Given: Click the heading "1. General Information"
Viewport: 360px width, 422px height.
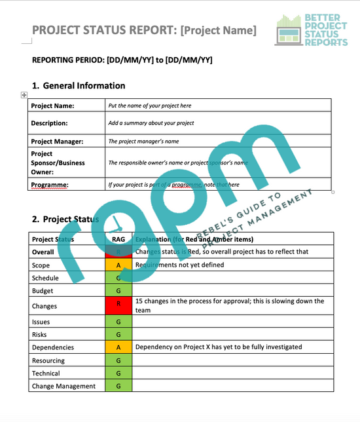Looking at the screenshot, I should (x=79, y=86).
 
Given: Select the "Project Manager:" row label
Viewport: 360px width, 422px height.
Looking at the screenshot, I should (x=57, y=141).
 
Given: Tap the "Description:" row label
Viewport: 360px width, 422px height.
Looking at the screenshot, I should (x=49, y=123).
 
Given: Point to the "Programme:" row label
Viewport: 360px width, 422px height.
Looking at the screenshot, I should (x=50, y=185).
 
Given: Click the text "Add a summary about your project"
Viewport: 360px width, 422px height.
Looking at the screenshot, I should (x=151, y=123).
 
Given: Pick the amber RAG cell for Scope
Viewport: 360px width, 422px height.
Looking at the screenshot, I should (x=118, y=265).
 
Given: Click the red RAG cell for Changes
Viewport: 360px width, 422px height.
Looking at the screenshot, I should (x=118, y=305).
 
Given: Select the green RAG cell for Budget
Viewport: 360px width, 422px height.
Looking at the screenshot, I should (x=118, y=290).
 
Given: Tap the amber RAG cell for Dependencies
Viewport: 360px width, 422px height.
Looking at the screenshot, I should (x=118, y=347).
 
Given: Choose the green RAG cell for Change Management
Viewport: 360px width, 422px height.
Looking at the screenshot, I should (x=118, y=386).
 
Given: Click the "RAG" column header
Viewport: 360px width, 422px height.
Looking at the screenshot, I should (x=118, y=239).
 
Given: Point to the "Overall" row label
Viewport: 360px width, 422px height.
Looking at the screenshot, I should (x=43, y=252).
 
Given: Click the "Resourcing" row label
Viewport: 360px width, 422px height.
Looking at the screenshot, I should (x=48, y=360).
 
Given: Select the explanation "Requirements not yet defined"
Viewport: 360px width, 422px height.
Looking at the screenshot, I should (x=179, y=265).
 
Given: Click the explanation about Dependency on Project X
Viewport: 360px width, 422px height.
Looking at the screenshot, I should (x=219, y=347).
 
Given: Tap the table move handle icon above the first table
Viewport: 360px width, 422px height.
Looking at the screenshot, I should (x=24, y=95).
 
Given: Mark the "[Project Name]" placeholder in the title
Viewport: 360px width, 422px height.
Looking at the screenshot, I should (x=218, y=30).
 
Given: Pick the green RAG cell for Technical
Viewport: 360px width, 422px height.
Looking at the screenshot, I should (x=118, y=374).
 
